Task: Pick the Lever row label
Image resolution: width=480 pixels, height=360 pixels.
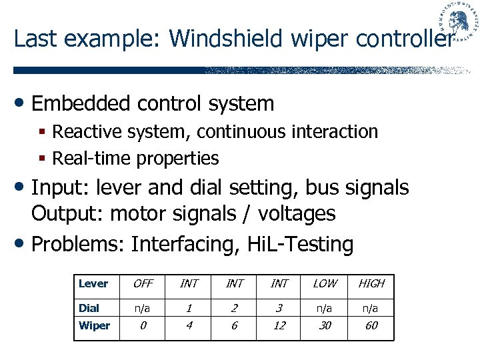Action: click(x=93, y=283)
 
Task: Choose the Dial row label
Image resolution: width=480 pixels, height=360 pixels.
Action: click(x=89, y=308)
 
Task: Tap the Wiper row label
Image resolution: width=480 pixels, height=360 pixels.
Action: click(x=94, y=326)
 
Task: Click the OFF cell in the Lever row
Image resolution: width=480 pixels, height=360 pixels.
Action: click(x=143, y=283)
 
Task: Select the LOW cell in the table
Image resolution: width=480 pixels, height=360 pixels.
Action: click(x=325, y=283)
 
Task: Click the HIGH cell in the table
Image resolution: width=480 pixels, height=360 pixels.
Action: click(x=371, y=283)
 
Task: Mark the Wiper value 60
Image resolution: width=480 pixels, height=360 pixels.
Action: click(x=371, y=326)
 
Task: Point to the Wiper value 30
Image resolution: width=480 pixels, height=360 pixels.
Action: click(x=325, y=326)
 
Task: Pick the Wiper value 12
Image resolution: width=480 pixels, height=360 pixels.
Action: click(x=279, y=326)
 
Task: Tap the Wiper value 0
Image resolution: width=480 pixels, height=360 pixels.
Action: click(x=143, y=326)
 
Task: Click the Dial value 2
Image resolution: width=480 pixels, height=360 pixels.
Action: click(x=234, y=308)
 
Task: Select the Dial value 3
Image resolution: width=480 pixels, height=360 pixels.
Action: click(x=279, y=308)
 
